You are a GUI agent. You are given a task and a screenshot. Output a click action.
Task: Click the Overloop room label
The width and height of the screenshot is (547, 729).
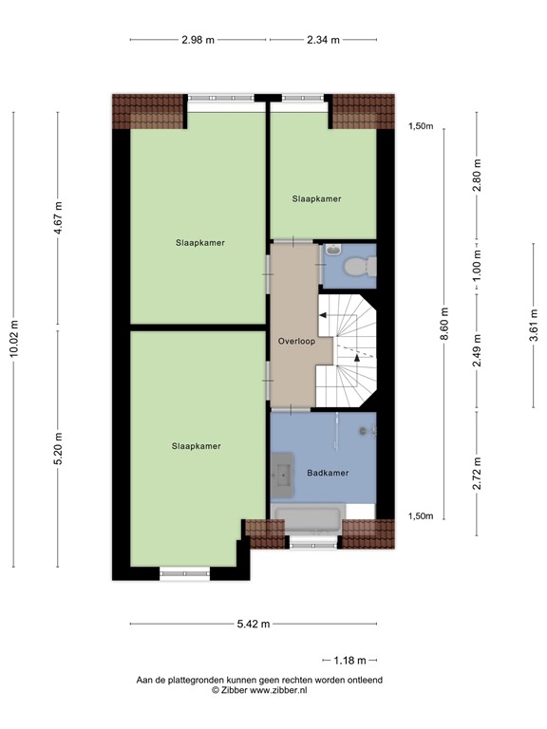296,342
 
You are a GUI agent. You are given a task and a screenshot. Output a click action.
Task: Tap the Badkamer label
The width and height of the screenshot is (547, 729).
328,473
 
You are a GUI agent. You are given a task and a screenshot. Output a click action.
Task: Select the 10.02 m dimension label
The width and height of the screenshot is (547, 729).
14,339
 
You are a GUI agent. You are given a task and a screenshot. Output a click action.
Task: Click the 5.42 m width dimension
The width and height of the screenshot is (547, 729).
253,624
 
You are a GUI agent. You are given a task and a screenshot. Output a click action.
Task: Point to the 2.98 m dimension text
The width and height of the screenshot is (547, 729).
198,40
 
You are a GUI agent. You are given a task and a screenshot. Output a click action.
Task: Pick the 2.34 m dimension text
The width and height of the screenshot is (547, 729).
323,40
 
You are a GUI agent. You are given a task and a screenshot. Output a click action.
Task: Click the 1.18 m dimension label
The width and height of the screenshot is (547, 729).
349,661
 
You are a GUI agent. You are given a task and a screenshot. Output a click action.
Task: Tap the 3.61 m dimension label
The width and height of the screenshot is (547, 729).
534,326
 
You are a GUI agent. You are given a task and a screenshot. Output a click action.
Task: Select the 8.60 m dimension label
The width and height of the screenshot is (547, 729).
444,324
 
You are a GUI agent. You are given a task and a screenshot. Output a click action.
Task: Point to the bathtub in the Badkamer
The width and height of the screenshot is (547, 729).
308,519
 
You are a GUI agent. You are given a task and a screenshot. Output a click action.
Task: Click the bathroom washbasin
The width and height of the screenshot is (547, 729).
282,476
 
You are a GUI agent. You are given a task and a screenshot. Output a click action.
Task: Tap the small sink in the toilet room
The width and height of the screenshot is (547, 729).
333,251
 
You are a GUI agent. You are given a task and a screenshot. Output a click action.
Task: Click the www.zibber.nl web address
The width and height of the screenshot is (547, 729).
278,690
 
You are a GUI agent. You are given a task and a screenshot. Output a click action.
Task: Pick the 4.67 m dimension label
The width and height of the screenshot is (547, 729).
58,217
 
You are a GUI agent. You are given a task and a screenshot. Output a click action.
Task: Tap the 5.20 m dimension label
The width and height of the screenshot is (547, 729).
58,449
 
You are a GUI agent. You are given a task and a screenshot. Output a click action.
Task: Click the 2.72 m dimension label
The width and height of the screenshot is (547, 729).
477,474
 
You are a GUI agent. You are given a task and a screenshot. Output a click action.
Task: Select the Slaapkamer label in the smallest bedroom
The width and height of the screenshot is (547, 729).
316,199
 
